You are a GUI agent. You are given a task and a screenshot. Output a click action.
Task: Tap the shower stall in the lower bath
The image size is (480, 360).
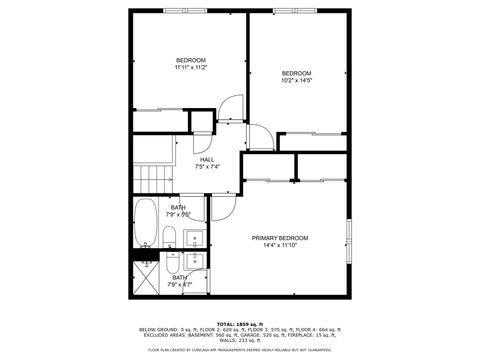pos(146,282)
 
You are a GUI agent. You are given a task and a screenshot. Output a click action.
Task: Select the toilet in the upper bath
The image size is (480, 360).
pos(170,238)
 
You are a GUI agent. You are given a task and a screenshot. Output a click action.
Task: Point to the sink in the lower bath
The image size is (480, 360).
pos(193,263)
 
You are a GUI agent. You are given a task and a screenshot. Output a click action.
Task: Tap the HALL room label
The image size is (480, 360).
pos(207,159)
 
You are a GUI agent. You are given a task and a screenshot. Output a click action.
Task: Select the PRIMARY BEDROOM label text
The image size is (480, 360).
pos(279,237)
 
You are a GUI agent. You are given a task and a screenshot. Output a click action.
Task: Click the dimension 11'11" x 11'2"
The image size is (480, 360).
pos(190,67)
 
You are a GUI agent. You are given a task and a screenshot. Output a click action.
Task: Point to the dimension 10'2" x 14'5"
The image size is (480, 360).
pos(296,81)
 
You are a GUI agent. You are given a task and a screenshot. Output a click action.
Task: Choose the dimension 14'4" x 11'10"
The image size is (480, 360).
pos(279,245)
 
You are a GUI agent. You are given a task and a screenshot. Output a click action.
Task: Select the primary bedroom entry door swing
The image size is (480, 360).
pos(228,206)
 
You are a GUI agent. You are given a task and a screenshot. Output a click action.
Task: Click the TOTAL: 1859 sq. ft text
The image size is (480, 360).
pos(240,323)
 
